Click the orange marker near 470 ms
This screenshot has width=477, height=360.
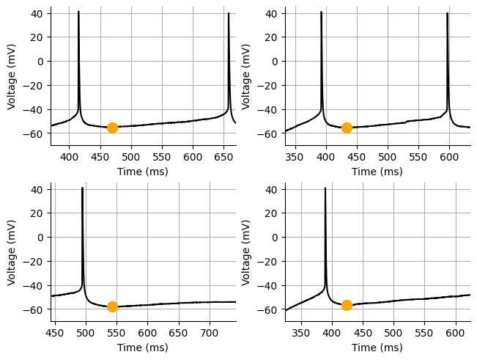[112, 128]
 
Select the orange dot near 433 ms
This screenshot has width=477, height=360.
[347, 128]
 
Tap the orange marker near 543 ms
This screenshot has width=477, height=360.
[112, 306]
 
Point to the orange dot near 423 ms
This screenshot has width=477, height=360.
[347, 305]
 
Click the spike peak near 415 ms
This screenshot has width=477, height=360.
[78, 12]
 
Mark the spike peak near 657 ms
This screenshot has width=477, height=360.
[229, 13]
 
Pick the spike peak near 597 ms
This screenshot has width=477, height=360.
[447, 13]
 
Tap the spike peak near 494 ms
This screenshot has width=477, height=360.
[82, 188]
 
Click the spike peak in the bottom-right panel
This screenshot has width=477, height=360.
[325, 188]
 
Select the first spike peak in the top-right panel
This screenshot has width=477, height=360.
[321, 12]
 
